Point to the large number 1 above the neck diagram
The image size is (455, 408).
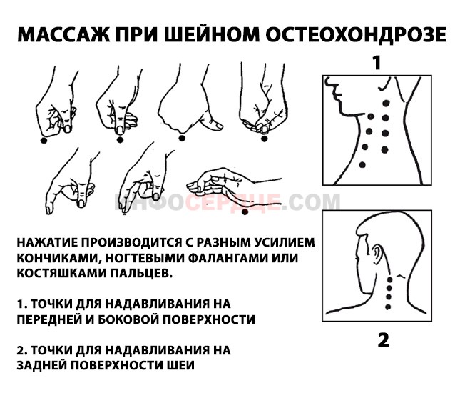(x=376, y=63)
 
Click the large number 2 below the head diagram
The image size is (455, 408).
(x=383, y=339)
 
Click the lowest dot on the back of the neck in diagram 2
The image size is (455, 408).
(x=389, y=307)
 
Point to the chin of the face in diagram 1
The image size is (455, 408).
(x=343, y=109)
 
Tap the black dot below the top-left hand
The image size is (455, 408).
(x=44, y=141)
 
